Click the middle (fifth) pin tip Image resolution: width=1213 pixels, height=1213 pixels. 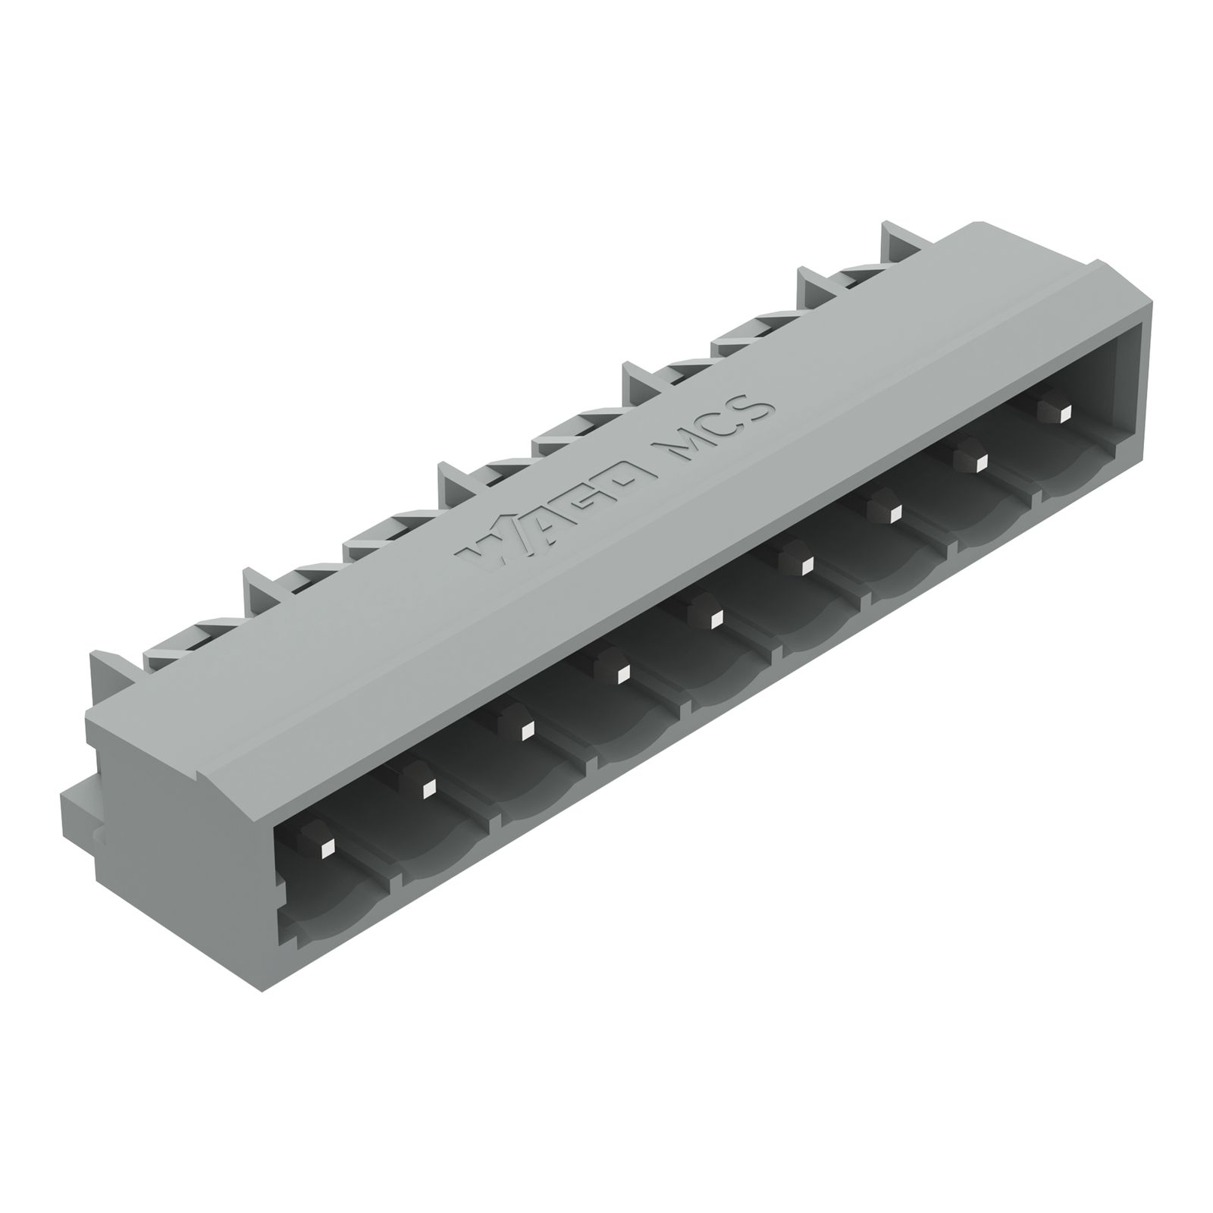click(713, 619)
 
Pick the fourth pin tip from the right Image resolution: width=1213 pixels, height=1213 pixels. click(805, 563)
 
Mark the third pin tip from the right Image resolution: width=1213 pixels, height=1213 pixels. click(894, 511)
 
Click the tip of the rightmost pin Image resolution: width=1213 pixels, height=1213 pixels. click(1065, 412)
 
